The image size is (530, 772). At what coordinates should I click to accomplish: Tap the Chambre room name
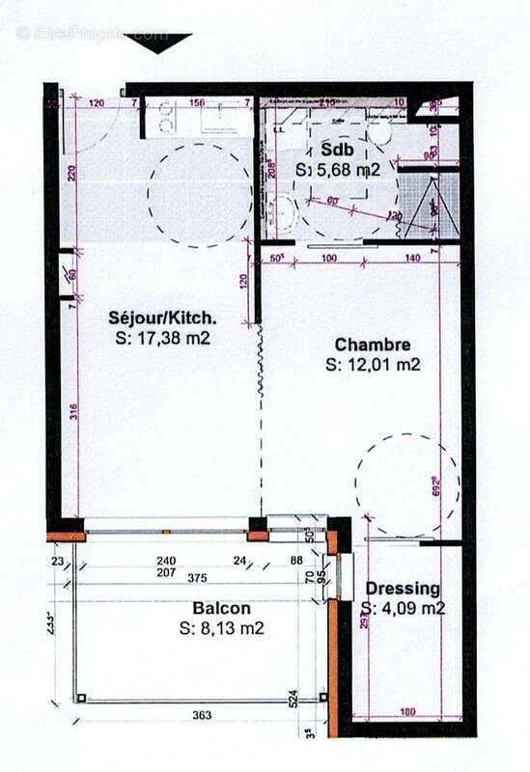pos(373,345)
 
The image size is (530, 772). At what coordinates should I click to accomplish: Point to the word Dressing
pos(403,588)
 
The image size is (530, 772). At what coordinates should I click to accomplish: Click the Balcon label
pos(221,609)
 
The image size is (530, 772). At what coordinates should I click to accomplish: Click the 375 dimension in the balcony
pos(199,579)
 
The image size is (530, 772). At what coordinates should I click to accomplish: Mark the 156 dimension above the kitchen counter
pos(197,102)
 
